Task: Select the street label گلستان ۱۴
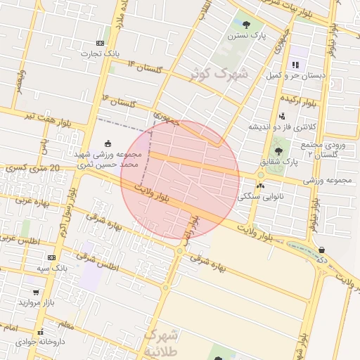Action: pyautogui.click(x=146, y=68)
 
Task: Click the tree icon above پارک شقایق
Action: pyautogui.click(x=279, y=150)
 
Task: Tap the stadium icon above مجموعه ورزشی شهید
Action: pyautogui.click(x=108, y=143)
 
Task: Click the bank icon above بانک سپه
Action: pyautogui.click(x=51, y=258)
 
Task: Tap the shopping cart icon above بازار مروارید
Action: pyautogui.click(x=36, y=292)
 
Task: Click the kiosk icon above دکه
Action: pyautogui.click(x=321, y=250)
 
